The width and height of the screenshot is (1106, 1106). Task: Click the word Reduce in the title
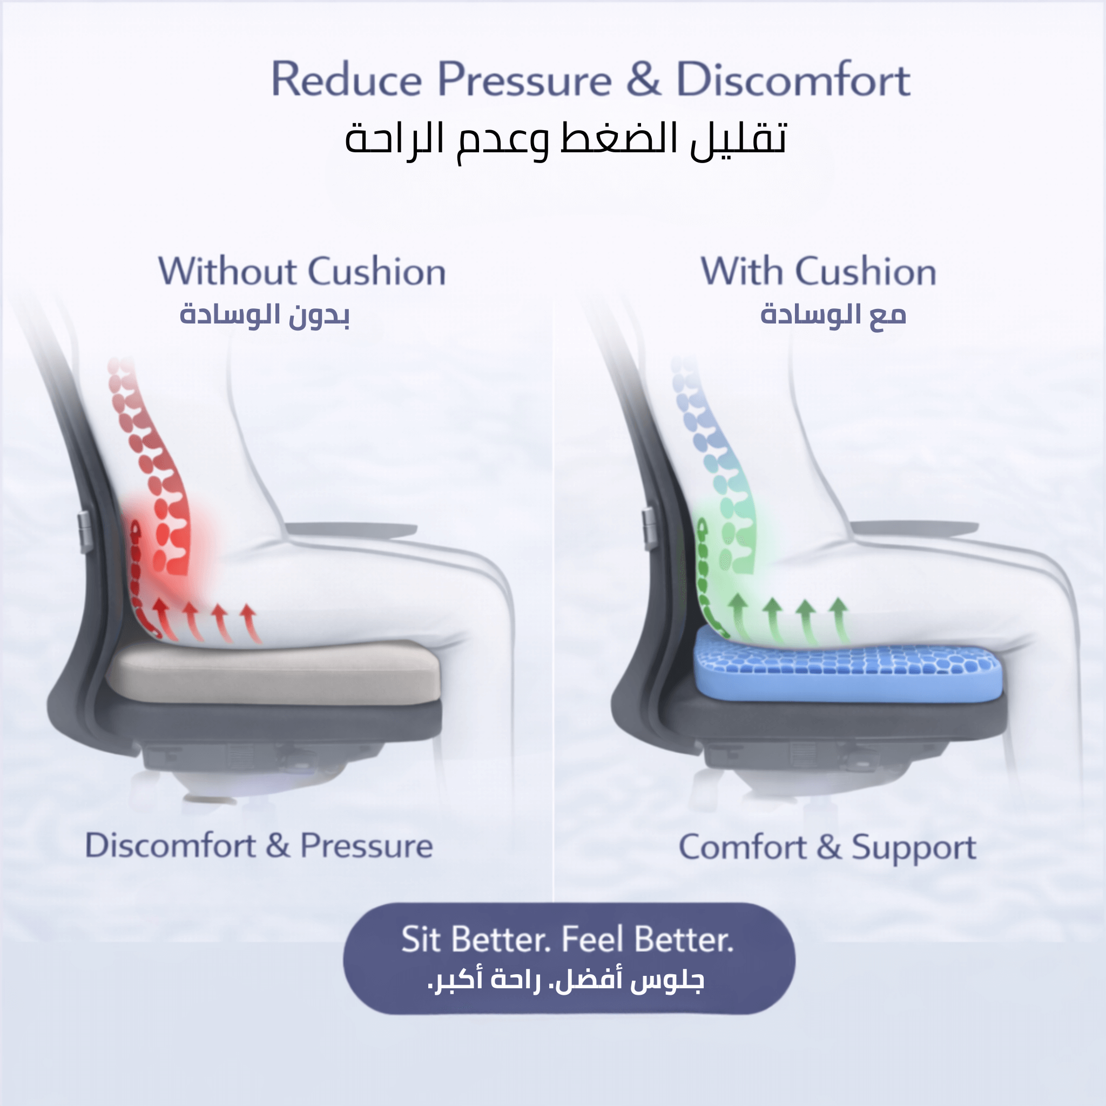coord(346,79)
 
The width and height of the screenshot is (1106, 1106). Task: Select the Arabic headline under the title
coord(565,141)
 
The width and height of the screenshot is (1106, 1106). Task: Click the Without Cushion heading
coord(302,271)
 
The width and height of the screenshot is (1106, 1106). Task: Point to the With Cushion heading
coord(819,271)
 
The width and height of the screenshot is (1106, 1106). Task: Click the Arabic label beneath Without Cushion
coord(265,315)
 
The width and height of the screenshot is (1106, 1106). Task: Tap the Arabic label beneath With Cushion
coord(833,315)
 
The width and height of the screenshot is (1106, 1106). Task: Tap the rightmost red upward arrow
coord(251,623)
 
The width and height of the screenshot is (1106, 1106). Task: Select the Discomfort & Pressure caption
coord(259,846)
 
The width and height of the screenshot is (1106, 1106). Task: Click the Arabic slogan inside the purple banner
coord(565,981)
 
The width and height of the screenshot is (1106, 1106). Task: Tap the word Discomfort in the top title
coord(793,79)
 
